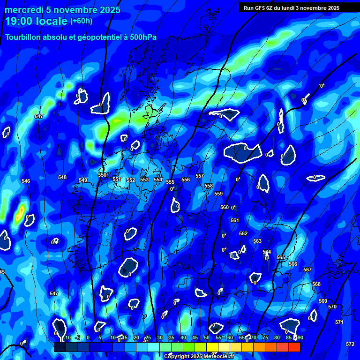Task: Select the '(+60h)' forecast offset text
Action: (x=81, y=21)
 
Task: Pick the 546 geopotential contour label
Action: (x=26, y=181)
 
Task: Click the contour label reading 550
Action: (x=102, y=175)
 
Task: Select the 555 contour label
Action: (x=170, y=182)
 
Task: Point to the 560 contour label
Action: (x=225, y=207)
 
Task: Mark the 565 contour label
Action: (x=281, y=257)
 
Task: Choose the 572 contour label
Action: (x=350, y=344)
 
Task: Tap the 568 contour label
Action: (x=316, y=284)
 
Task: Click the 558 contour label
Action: (x=209, y=186)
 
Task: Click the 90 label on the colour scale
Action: (x=300, y=337)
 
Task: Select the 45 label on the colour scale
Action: (x=195, y=337)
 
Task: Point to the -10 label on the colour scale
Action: (x=67, y=337)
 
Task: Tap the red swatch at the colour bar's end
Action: (x=294, y=347)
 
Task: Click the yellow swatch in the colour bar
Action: (x=212, y=347)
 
